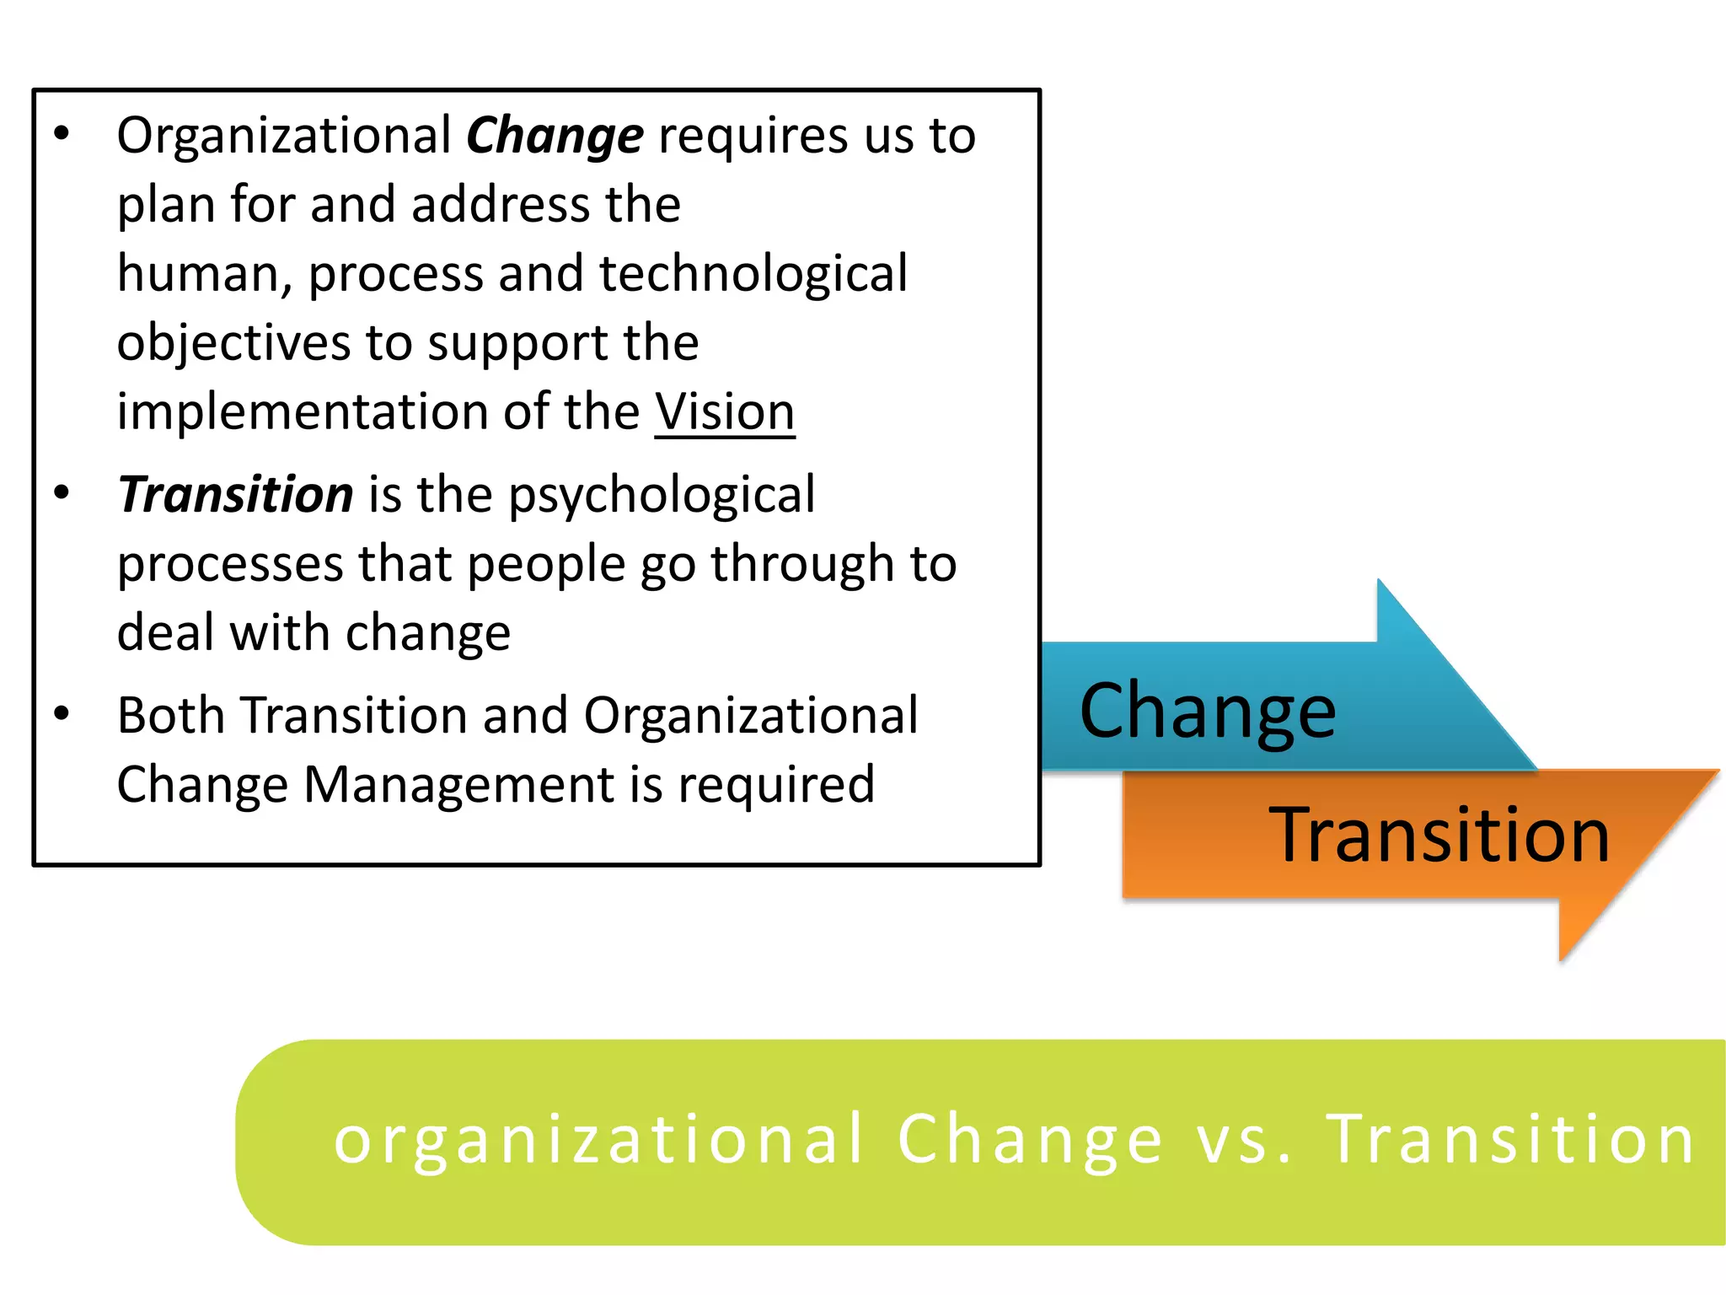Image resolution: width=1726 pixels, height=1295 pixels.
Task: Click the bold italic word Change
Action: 555,137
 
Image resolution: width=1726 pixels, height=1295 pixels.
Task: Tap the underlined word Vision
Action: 725,412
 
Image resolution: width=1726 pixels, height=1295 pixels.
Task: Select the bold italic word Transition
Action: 236,495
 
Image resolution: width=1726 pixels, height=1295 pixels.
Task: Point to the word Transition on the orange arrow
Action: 1439,835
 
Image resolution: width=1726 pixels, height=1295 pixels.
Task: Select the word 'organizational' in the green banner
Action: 599,1140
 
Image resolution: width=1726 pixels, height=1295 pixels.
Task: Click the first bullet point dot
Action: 62,134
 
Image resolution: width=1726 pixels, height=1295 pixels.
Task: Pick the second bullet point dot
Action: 62,492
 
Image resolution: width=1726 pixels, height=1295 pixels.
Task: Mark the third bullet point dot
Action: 62,714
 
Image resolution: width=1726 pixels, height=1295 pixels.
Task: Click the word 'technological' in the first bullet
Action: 753,274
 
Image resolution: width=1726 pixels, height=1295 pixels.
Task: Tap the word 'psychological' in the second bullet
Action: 662,495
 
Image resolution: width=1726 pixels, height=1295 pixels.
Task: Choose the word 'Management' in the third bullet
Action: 458,785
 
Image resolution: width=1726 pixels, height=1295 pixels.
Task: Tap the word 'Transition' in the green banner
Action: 1510,1140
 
